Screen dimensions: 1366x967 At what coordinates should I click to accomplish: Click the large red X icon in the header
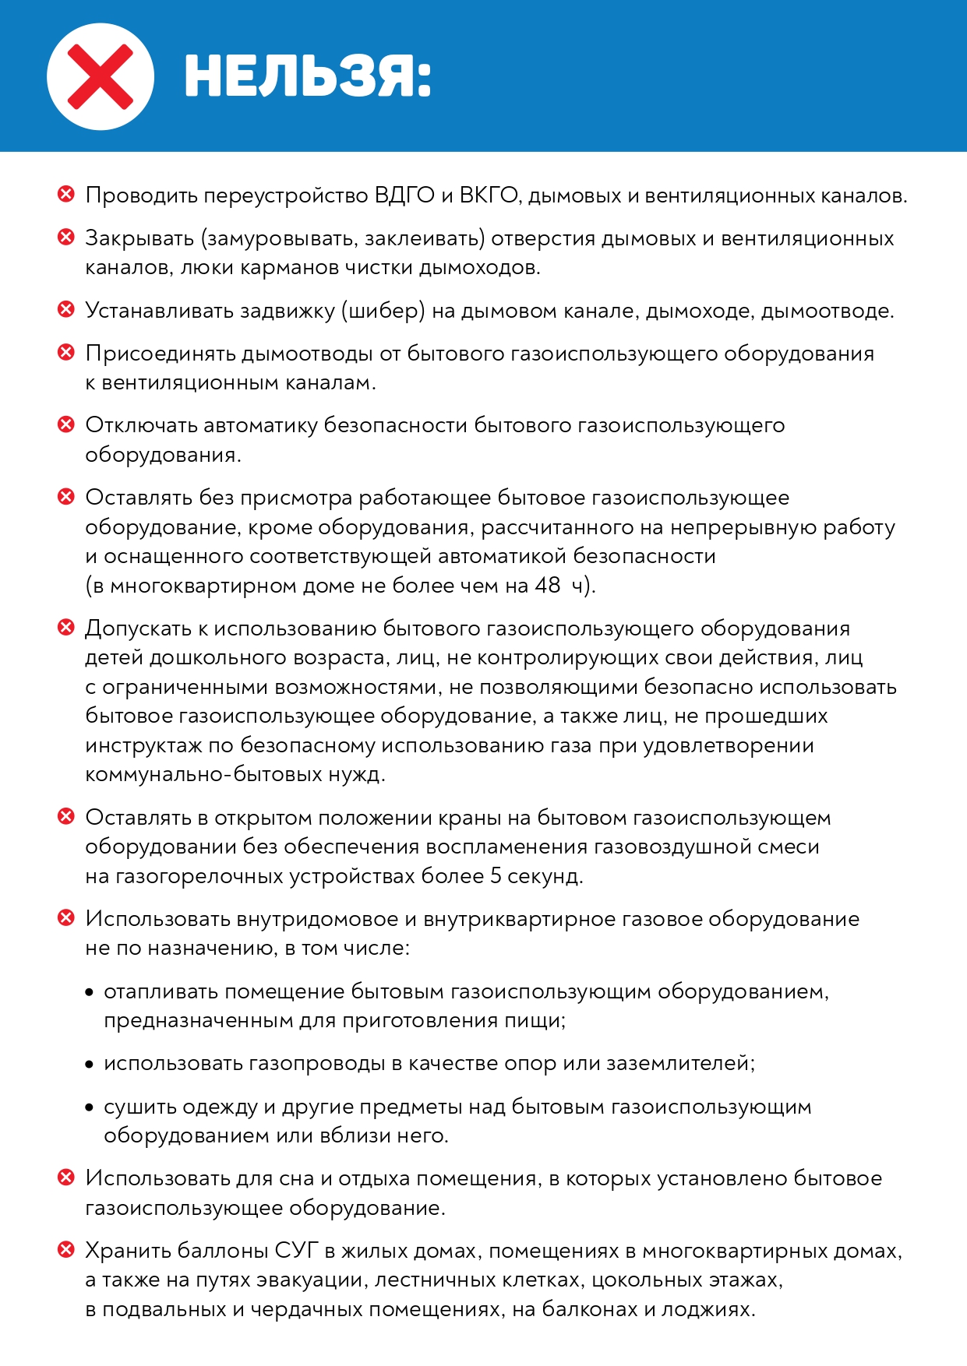(101, 76)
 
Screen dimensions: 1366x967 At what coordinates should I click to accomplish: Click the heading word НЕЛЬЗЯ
(308, 78)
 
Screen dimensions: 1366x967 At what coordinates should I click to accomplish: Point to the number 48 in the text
(547, 586)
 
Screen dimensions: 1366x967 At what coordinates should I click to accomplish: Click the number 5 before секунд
(496, 876)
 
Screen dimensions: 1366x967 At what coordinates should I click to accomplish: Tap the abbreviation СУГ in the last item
(297, 1251)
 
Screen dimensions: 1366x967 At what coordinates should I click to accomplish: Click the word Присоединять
(160, 354)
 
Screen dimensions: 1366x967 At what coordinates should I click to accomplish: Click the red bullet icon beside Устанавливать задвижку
(66, 310)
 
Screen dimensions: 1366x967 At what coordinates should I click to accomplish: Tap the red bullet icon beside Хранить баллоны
(66, 1250)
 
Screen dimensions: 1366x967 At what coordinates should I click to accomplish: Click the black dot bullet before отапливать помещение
(89, 992)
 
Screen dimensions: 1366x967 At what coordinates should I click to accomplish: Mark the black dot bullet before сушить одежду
(89, 1107)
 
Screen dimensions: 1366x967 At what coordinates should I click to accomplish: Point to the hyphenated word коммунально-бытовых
(202, 775)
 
